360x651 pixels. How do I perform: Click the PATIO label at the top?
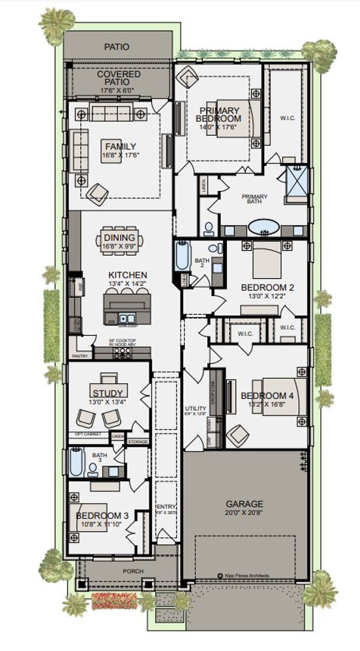point(117,47)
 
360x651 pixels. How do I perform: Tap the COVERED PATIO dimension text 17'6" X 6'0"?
point(117,91)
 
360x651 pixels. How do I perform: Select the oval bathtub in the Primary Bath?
point(264,227)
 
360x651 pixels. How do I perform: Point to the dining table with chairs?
point(120,241)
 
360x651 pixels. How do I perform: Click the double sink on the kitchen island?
point(127,318)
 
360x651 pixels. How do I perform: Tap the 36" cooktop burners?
point(122,353)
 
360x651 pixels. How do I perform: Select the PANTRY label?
point(80,356)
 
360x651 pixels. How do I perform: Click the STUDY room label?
point(108,393)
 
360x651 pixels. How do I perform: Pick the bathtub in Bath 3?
point(76,462)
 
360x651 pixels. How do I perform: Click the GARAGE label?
point(244,504)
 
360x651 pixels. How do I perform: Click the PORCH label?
point(133,571)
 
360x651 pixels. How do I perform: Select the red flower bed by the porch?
point(114,601)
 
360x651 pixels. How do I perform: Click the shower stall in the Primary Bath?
point(297,180)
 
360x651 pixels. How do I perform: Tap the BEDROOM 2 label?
point(267,288)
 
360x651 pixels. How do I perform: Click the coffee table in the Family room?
point(111,151)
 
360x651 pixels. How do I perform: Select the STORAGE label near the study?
point(138,442)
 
